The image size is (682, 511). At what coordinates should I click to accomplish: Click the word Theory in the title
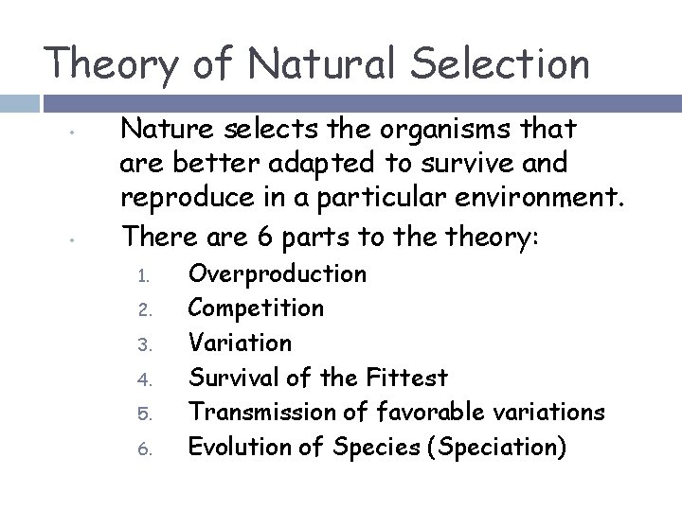110,64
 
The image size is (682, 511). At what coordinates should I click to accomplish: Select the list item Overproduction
278,274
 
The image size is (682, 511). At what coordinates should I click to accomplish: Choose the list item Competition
256,308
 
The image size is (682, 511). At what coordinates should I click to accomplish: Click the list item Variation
241,342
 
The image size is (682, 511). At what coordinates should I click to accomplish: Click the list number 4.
142,379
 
